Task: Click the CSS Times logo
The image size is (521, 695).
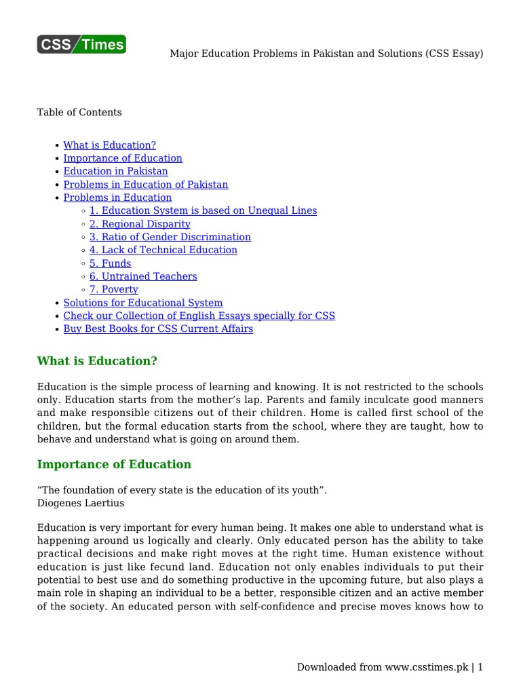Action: coord(81,44)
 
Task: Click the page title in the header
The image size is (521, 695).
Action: coord(326,54)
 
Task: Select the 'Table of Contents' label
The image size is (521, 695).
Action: coord(79,113)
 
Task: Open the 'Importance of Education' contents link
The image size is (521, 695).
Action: coord(123,158)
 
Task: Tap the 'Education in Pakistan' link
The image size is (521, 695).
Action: coord(115,171)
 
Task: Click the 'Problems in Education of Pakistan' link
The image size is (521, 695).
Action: coord(146,185)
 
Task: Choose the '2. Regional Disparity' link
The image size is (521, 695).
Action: coord(140,224)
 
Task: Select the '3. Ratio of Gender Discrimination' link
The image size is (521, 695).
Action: coord(170,237)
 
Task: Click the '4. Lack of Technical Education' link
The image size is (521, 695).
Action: coord(163,250)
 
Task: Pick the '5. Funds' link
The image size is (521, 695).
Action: coord(111,263)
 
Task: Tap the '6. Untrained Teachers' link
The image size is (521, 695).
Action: coord(143,276)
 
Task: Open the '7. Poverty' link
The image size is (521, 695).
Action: coord(114,289)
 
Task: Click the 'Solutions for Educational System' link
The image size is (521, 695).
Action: coord(143,303)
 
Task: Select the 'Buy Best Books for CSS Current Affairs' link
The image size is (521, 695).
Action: coord(158,329)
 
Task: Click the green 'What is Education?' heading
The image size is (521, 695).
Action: coord(101,360)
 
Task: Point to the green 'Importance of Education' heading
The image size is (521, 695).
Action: coord(114,465)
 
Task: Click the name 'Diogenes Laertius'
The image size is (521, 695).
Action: coord(81,504)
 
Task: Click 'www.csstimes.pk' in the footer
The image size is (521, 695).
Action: coord(427,668)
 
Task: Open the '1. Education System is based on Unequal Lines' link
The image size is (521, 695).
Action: coord(203,210)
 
